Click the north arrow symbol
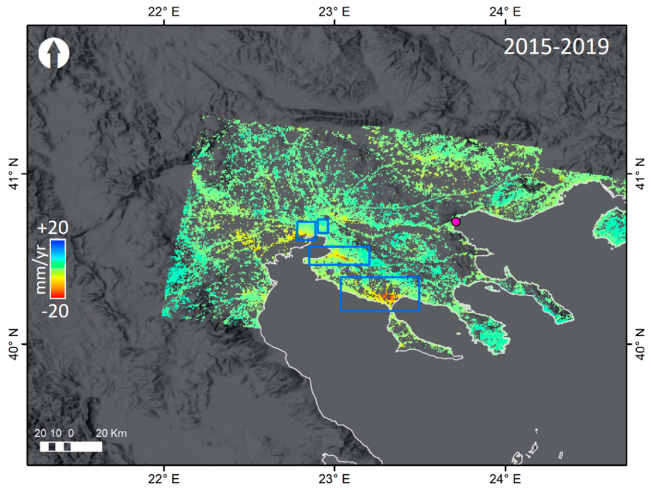pyautogui.click(x=54, y=53)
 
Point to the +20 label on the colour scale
pyautogui.click(x=53, y=228)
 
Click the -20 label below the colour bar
pyautogui.click(x=55, y=311)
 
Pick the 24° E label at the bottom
pyautogui.click(x=505, y=479)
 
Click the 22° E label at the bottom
pyautogui.click(x=163, y=479)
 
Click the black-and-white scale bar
pyautogui.click(x=71, y=446)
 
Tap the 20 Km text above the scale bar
pyautogui.click(x=111, y=433)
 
